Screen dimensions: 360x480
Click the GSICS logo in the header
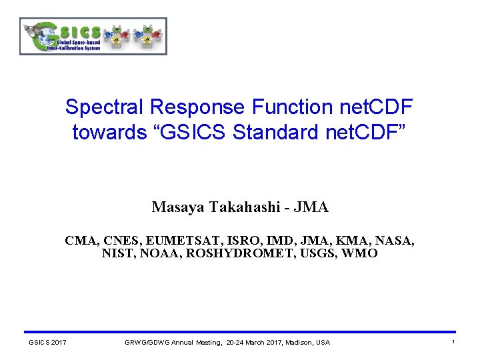pyautogui.click(x=93, y=36)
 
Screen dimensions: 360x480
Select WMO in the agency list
pyautogui.click(x=360, y=253)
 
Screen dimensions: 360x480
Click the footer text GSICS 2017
pyautogui.click(x=47, y=343)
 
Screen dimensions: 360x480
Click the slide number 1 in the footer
pyautogui.click(x=453, y=342)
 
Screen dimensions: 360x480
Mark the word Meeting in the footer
pyautogui.click(x=207, y=343)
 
